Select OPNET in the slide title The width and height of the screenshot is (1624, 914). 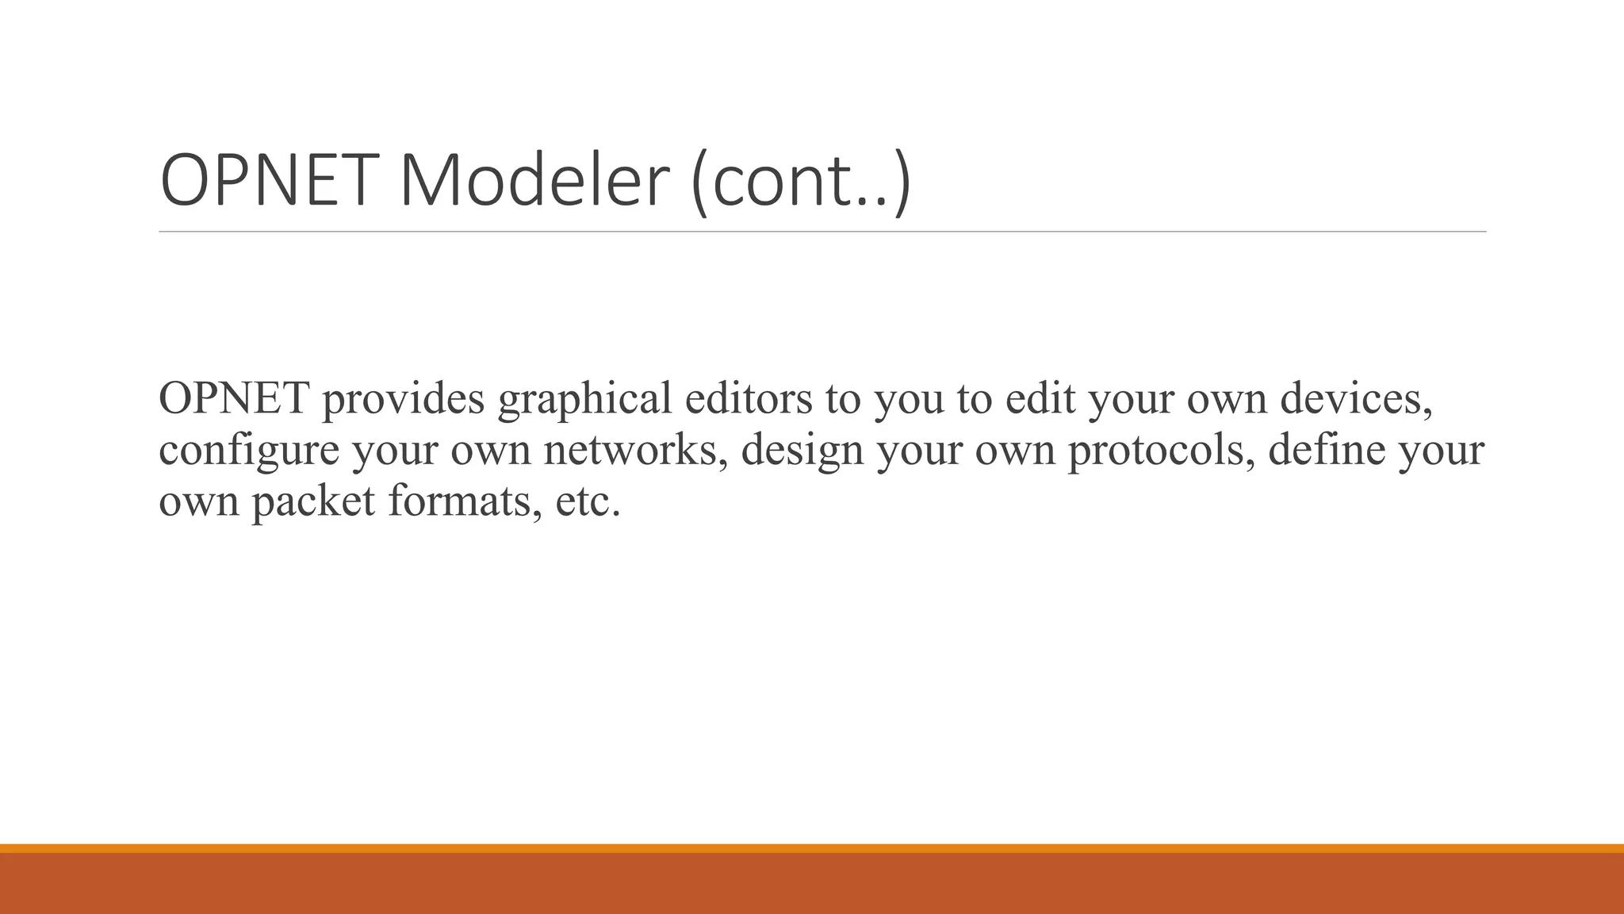(x=265, y=182)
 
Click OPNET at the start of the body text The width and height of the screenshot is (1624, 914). (x=234, y=398)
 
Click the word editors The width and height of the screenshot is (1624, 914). (x=749, y=398)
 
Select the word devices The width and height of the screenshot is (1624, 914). (x=1357, y=398)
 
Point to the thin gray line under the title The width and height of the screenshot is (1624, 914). (x=822, y=232)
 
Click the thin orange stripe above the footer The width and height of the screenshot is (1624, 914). (x=812, y=848)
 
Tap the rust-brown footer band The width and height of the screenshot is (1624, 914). (x=812, y=884)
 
